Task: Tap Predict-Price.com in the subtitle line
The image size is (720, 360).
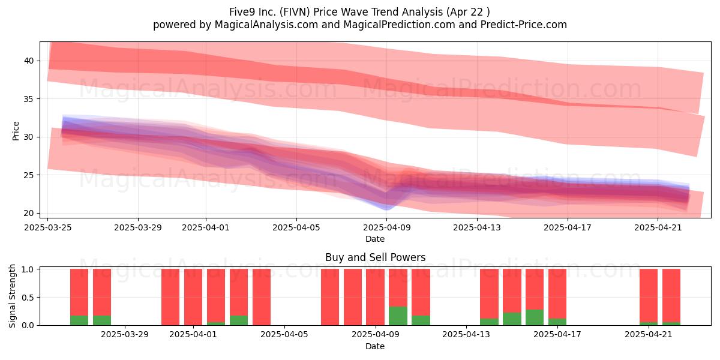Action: click(524, 25)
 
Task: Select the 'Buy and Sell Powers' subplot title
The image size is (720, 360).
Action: click(375, 257)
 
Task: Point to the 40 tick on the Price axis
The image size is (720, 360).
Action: click(28, 61)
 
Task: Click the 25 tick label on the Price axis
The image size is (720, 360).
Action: click(28, 175)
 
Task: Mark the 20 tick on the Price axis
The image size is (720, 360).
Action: click(28, 213)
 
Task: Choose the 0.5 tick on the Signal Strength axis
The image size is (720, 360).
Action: click(28, 298)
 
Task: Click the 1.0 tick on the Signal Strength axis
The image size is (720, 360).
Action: click(28, 269)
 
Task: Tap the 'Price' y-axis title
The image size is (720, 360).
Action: click(16, 131)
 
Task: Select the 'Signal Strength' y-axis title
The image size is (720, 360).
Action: click(12, 296)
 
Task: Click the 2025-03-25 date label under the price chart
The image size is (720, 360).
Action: click(48, 227)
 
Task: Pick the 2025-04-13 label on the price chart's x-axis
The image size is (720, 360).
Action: click(477, 227)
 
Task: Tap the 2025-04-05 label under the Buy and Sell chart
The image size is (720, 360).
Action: click(284, 335)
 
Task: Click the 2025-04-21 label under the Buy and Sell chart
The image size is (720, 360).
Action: click(649, 335)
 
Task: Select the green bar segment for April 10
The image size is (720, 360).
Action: click(398, 316)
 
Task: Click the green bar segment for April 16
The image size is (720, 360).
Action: click(535, 317)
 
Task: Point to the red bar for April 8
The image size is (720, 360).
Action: click(352, 297)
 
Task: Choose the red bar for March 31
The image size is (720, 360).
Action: click(170, 297)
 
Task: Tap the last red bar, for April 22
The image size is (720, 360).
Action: click(671, 296)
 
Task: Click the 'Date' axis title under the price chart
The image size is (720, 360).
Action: click(375, 239)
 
